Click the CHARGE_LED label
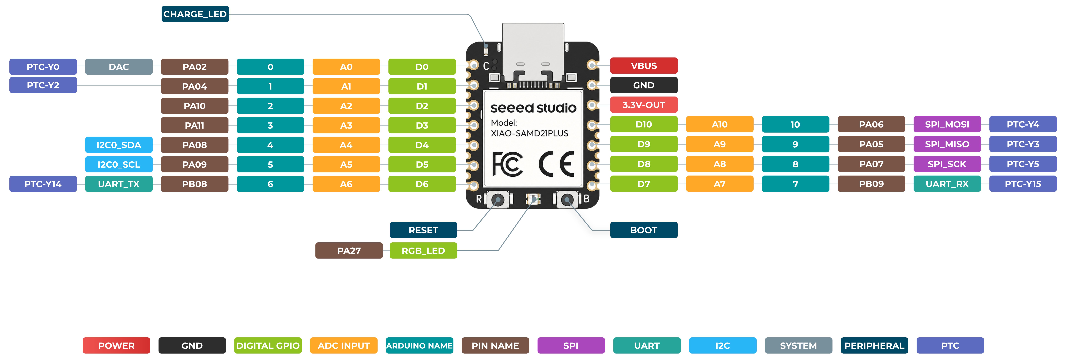(x=195, y=14)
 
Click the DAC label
(x=119, y=67)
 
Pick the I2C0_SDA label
(x=119, y=145)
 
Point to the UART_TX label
(x=119, y=184)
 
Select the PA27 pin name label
(x=349, y=250)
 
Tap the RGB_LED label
(x=423, y=250)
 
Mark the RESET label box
(x=423, y=230)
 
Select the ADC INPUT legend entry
(x=344, y=346)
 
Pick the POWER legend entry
(x=116, y=346)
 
